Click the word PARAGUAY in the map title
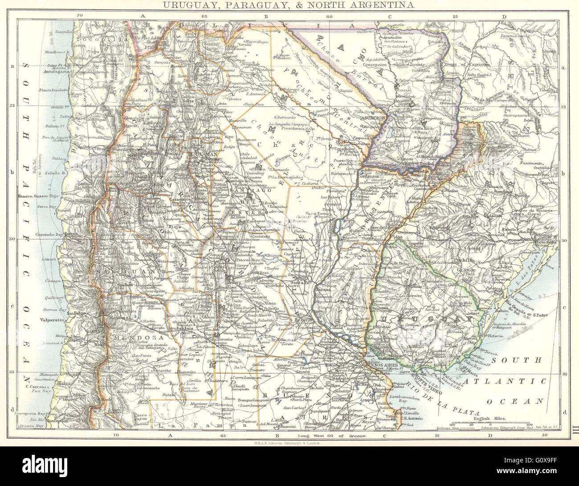[x=260, y=5]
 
